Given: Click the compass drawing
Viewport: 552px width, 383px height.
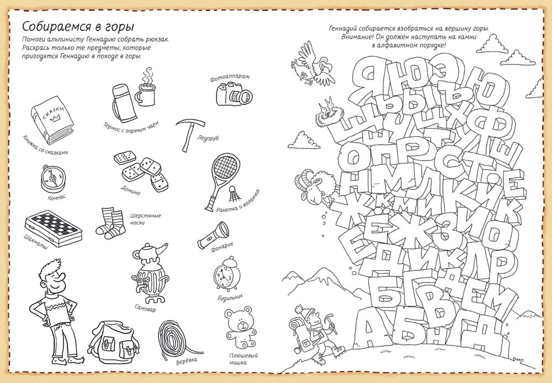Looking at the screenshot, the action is (x=52, y=178).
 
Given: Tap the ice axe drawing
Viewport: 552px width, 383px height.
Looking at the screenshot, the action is (x=189, y=134).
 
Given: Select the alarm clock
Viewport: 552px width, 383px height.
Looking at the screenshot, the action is (x=224, y=274).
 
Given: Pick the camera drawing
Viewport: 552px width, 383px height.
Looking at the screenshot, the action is (x=233, y=93).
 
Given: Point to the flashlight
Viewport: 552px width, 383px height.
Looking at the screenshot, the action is (x=213, y=235).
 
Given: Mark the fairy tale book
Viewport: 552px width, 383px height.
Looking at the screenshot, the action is (x=52, y=118).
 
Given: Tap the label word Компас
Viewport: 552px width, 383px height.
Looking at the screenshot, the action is (x=57, y=198).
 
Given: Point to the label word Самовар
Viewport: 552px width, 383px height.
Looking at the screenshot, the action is (x=145, y=307).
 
